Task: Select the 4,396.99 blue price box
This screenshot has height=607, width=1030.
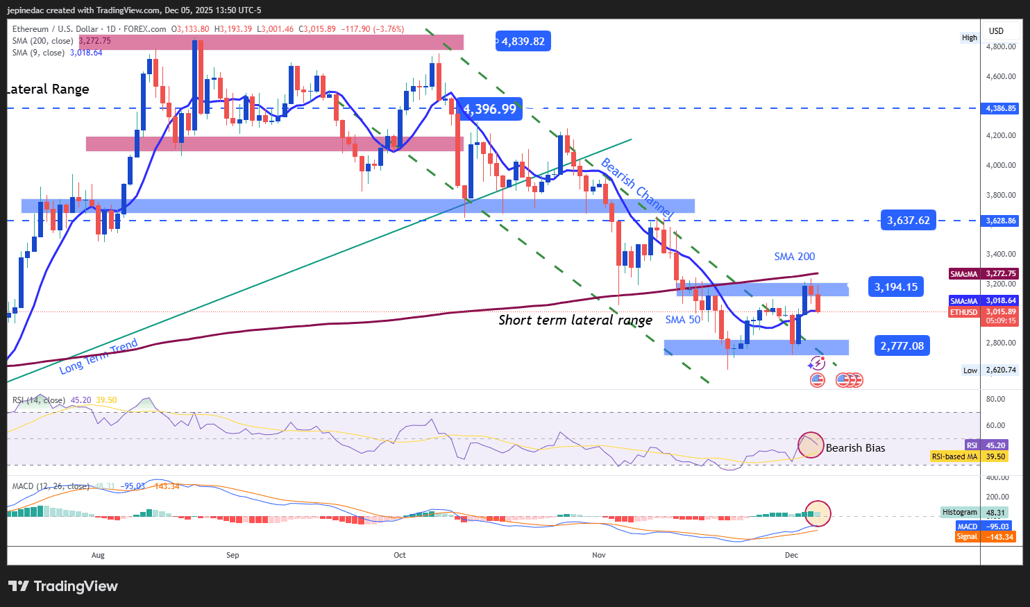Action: (x=490, y=109)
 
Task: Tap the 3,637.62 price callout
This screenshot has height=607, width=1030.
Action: (x=908, y=221)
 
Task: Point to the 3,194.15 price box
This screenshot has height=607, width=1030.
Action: (x=895, y=287)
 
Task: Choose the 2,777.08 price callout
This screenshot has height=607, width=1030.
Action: (x=902, y=345)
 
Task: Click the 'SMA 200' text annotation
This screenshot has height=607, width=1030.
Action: (x=795, y=257)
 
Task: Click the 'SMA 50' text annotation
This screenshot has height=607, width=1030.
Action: (x=683, y=320)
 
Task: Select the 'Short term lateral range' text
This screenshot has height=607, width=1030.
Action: (x=575, y=320)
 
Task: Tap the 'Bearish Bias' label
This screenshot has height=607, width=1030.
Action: (x=855, y=448)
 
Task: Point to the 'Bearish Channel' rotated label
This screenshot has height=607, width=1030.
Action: (x=636, y=187)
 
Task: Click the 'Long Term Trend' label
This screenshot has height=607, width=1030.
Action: (x=99, y=357)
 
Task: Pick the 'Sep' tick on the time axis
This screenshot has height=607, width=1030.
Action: (x=233, y=555)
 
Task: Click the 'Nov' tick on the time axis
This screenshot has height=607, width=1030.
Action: (x=599, y=555)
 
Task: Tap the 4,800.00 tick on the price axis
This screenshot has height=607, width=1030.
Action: (x=1001, y=47)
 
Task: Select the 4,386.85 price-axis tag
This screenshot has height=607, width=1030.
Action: (x=1001, y=108)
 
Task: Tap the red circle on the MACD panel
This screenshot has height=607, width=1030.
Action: (x=818, y=513)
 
